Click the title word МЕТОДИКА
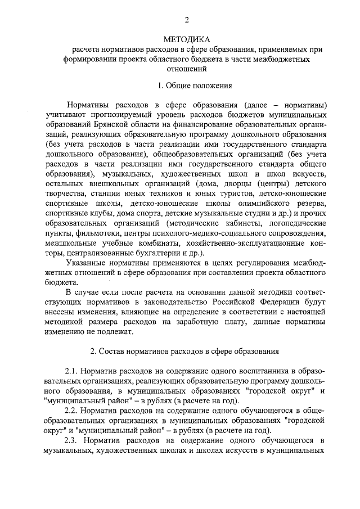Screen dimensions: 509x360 point(186,40)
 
